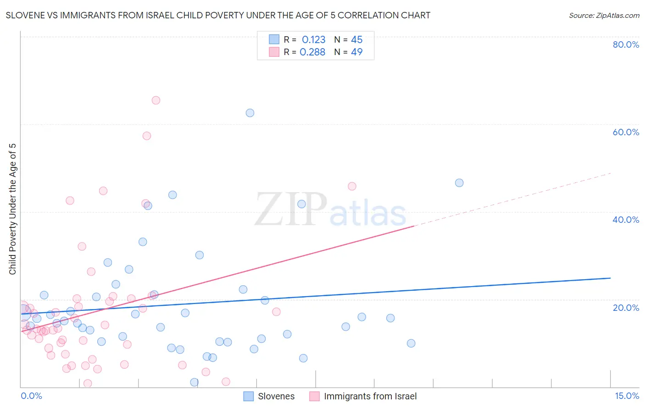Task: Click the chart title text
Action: (218, 15)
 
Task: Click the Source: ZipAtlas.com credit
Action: (604, 15)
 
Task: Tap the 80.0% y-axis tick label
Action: (626, 44)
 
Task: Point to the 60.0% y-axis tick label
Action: (626, 132)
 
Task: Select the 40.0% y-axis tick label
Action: (626, 220)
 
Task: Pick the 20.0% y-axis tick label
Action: (626, 308)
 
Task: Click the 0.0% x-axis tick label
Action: (31, 396)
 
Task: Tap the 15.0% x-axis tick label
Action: (627, 396)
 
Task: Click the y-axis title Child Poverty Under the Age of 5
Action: (12, 209)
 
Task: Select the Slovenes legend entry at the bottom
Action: (269, 396)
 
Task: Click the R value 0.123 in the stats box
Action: (313, 40)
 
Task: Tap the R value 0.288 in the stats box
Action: (312, 52)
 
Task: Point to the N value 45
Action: (356, 40)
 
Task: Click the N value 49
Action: (356, 52)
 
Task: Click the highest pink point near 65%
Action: (156, 100)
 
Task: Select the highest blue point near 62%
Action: (250, 113)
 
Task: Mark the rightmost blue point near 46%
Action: (459, 183)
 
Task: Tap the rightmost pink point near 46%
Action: (352, 186)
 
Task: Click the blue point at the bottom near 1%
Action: (195, 382)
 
